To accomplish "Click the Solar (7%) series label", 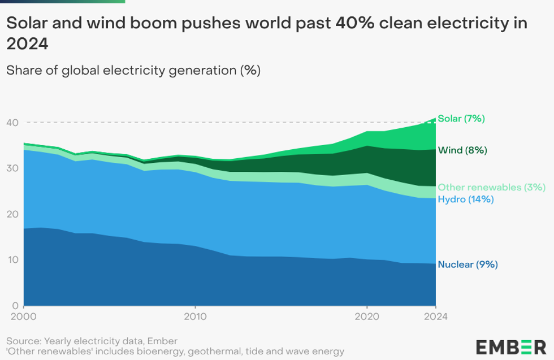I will point(461,119).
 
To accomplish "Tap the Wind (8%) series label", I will point(462,150).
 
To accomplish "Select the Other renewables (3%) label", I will point(491,188).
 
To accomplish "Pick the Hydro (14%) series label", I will point(466,199).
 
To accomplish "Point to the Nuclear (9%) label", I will point(468,264).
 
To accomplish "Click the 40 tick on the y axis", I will point(12,123).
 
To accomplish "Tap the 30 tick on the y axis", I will point(12,168).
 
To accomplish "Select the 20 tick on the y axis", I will point(12,214).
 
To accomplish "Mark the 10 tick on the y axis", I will point(12,260).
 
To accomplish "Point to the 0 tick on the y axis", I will point(15,306).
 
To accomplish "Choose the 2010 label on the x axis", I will point(195,317).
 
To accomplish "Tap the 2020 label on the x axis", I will point(367,317).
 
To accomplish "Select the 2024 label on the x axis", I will point(436,317).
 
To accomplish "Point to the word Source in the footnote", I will point(24,341).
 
